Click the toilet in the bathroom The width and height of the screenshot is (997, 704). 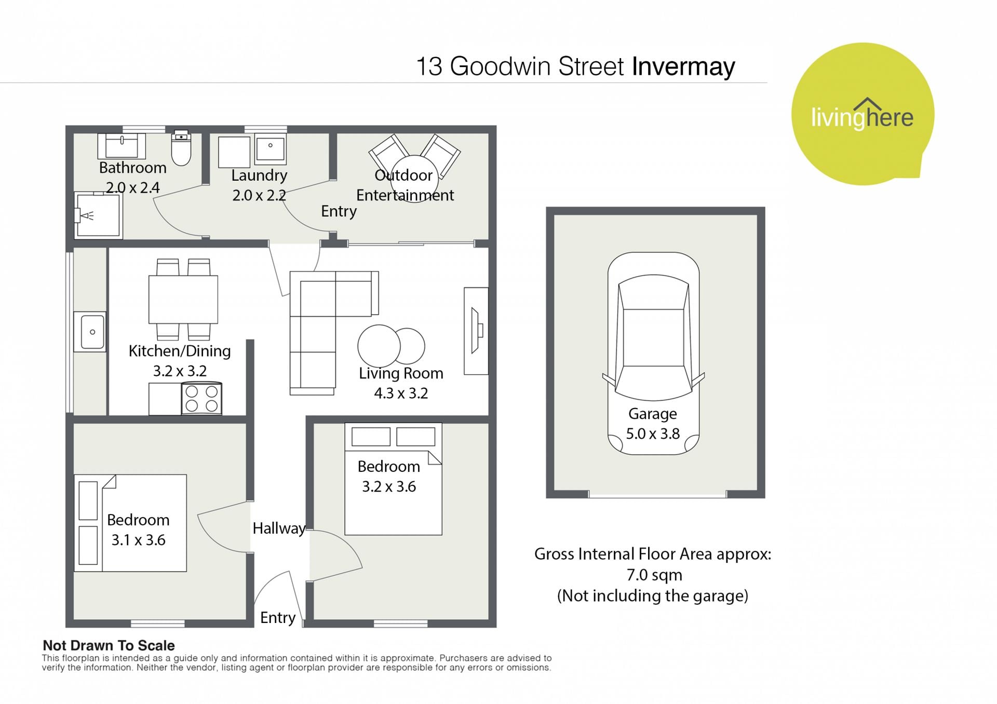tap(181, 147)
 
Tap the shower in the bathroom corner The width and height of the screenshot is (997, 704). tap(98, 215)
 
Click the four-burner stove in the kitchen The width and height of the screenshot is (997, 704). tap(201, 399)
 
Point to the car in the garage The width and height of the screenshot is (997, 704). tap(653, 354)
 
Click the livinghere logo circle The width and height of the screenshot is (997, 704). tap(863, 114)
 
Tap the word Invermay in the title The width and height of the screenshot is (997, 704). tap(683, 66)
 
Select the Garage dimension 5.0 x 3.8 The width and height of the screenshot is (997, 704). tap(653, 434)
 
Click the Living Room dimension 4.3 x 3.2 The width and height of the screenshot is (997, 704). tap(401, 393)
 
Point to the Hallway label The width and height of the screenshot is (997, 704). tap(279, 529)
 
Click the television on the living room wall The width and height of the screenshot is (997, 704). tap(476, 331)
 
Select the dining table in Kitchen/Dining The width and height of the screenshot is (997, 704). tap(183, 300)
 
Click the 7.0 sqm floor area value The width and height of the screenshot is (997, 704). tap(654, 575)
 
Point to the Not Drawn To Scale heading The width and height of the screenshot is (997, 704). tap(109, 645)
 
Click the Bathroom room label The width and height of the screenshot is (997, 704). tap(133, 168)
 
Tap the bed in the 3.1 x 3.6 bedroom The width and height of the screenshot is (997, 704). tap(130, 523)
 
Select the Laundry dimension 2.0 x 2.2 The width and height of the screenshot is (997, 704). tap(259, 195)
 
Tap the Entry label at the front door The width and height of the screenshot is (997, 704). tap(278, 618)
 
